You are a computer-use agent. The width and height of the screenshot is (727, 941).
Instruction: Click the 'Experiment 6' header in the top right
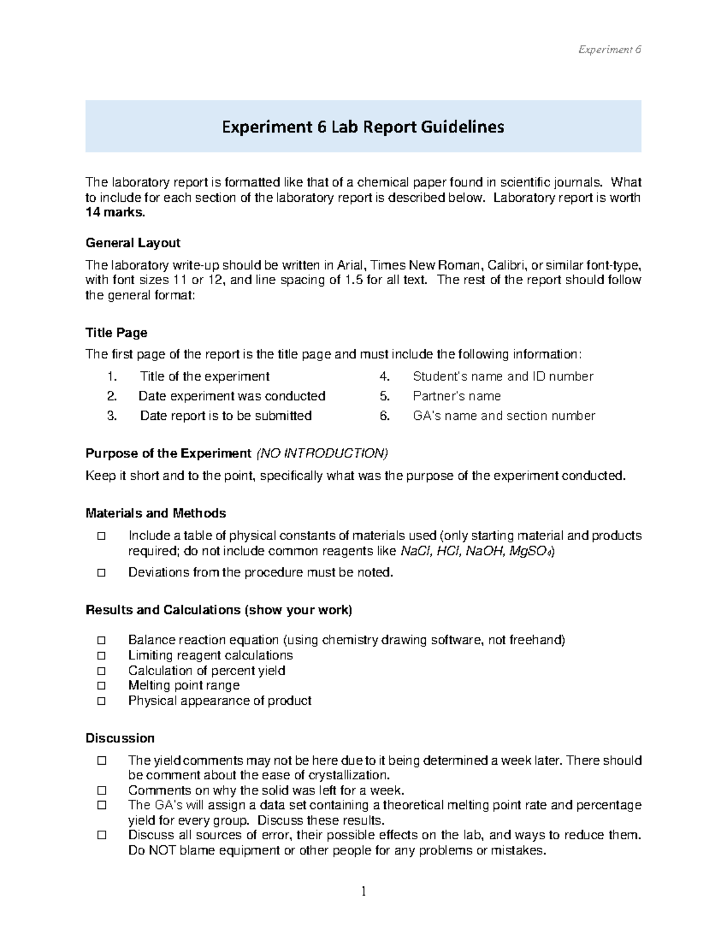pyautogui.click(x=609, y=50)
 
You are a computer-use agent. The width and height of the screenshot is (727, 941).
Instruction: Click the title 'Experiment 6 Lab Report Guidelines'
pyautogui.click(x=363, y=127)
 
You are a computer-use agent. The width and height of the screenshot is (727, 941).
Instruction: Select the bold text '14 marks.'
pyautogui.click(x=115, y=213)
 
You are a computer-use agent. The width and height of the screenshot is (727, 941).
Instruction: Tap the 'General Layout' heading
pyautogui.click(x=133, y=243)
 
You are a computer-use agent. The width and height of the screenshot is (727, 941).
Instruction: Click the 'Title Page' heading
pyautogui.click(x=116, y=333)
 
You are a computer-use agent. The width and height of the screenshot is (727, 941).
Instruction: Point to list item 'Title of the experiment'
pyautogui.click(x=204, y=376)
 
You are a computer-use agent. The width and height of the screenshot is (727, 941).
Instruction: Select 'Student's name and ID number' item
pyautogui.click(x=503, y=376)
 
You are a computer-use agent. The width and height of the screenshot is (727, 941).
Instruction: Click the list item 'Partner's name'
pyautogui.click(x=457, y=396)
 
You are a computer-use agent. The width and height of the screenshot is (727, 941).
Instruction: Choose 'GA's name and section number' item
pyautogui.click(x=503, y=416)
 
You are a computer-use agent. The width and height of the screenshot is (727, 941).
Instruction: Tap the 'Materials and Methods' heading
pyautogui.click(x=156, y=513)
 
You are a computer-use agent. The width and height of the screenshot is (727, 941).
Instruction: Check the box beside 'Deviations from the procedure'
pyautogui.click(x=101, y=573)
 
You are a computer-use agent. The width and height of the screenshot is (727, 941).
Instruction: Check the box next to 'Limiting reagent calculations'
pyautogui.click(x=101, y=656)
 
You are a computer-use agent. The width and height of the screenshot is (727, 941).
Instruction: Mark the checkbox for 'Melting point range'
pyautogui.click(x=101, y=685)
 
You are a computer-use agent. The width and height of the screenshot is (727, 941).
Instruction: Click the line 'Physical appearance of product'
pyautogui.click(x=219, y=700)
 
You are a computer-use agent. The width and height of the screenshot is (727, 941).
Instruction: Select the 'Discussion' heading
pyautogui.click(x=120, y=738)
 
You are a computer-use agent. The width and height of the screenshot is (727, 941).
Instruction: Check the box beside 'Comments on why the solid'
pyautogui.click(x=101, y=790)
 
